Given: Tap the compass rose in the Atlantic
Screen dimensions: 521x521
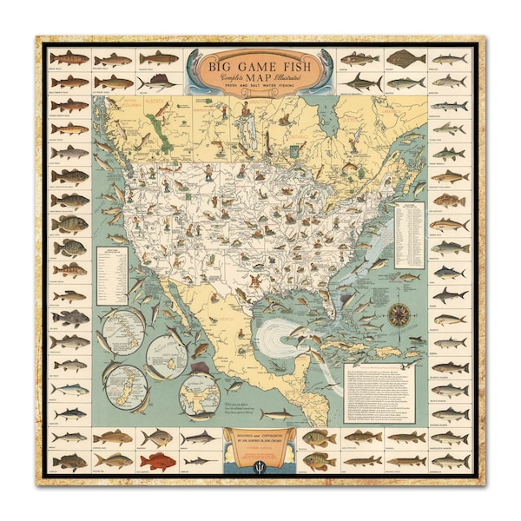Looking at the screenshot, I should point(399,313).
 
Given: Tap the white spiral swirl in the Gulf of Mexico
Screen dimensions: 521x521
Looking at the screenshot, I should point(278,334).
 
